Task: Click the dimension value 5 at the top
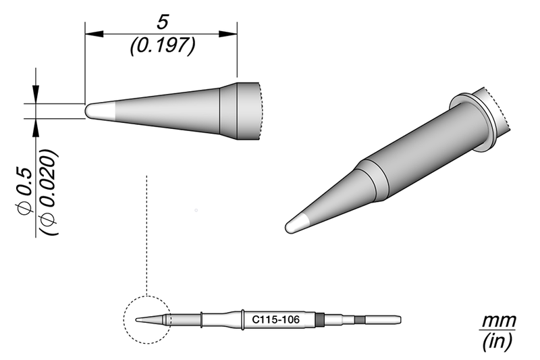coord(161,22)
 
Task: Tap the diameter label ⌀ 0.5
coord(25,192)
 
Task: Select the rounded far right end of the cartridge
coord(400,319)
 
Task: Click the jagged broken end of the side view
coord(259,111)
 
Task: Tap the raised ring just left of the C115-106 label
coord(241,319)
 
